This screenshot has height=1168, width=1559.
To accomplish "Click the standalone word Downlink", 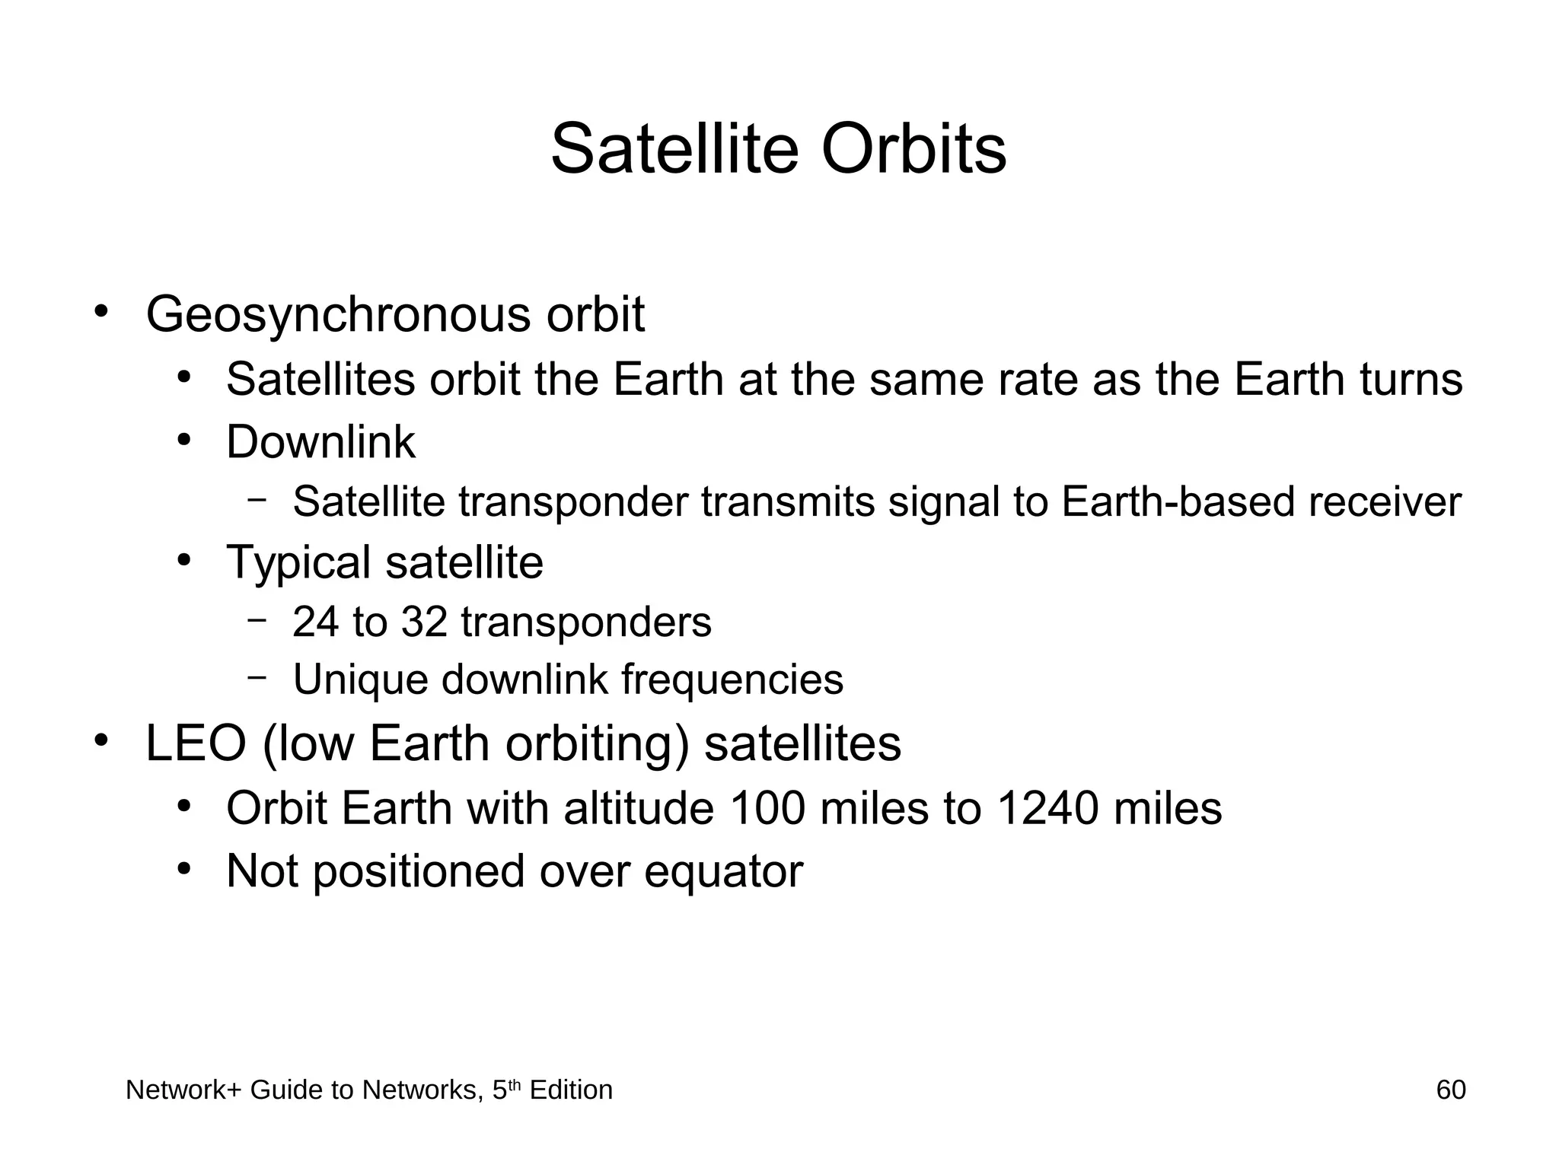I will click(x=320, y=442).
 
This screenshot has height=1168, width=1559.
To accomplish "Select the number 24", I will click(x=316, y=622).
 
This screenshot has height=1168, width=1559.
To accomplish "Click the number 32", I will click(x=424, y=622).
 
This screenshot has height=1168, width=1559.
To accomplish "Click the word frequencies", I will click(x=732, y=679).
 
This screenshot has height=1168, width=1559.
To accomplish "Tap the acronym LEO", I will click(x=196, y=743).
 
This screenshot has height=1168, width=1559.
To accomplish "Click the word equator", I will click(x=723, y=872).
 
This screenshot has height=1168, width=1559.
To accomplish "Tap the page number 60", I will click(x=1450, y=1090).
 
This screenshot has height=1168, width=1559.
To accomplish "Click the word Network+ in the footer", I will click(x=183, y=1090).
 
